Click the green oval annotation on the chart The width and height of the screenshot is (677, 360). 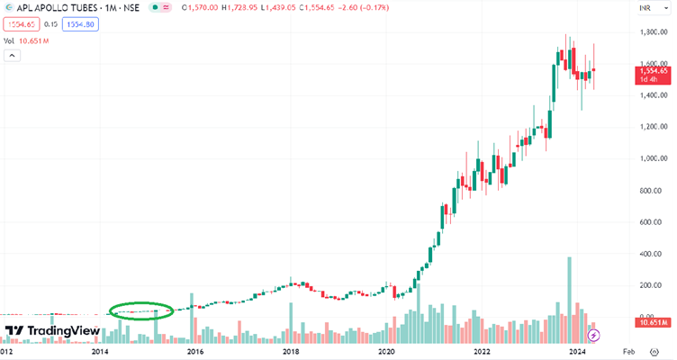tap(140, 310)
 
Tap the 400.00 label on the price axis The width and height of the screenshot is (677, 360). tap(654, 255)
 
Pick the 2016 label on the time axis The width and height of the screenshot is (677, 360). tap(194, 352)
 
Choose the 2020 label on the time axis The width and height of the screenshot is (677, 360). tap(386, 352)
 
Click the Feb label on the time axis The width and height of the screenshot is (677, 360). tap(630, 352)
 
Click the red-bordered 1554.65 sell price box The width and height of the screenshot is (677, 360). tap(20, 24)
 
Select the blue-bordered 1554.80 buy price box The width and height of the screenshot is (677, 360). tap(80, 24)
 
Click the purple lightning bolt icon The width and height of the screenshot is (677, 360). tap(593, 336)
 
